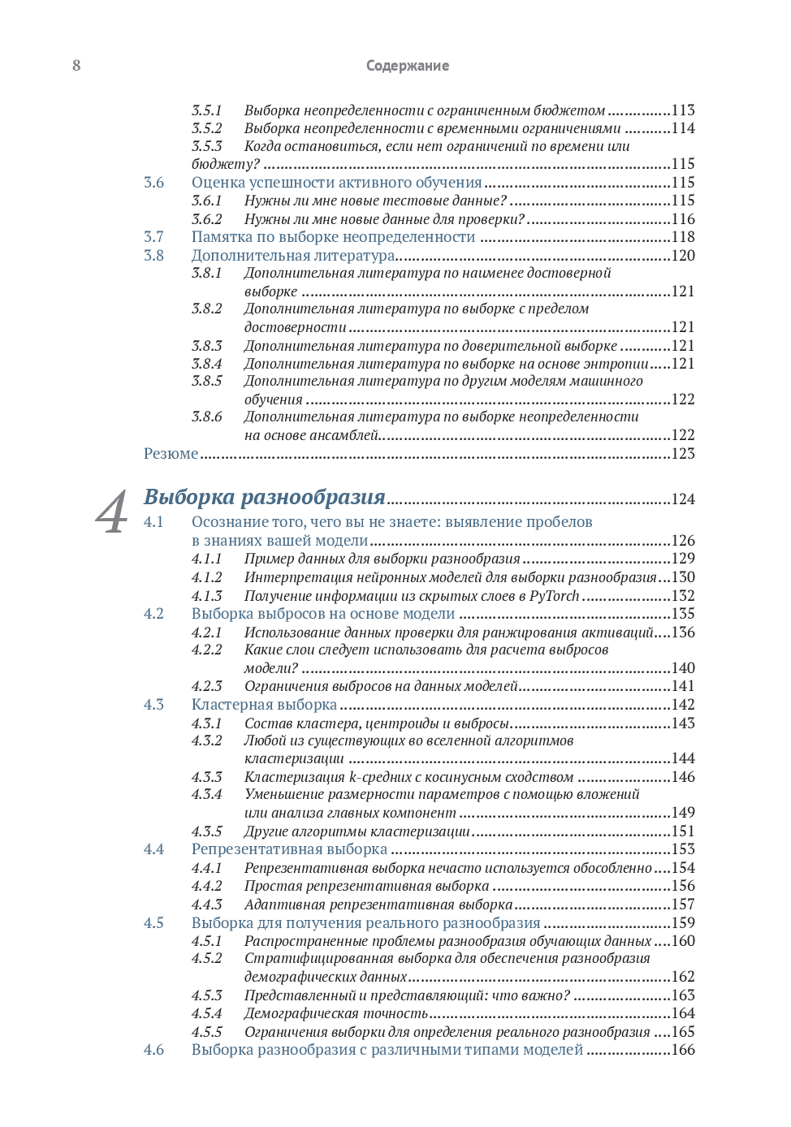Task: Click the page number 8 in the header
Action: tap(76, 66)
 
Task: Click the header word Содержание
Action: tap(407, 66)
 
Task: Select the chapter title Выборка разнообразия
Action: tap(264, 497)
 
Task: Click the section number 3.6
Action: tap(153, 183)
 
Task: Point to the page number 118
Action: tap(683, 237)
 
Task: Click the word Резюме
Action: tap(171, 454)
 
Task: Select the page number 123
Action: tap(683, 454)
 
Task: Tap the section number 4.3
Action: tap(153, 705)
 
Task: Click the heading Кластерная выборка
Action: tap(264, 705)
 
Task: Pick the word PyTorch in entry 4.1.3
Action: tap(554, 596)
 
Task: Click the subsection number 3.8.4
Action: tap(206, 364)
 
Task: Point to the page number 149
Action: tap(683, 813)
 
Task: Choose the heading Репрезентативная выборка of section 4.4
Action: tap(289, 849)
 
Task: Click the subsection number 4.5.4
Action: tap(206, 1013)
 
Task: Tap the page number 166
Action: tap(683, 1050)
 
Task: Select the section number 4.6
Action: tap(153, 1050)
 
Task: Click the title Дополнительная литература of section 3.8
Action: tap(293, 256)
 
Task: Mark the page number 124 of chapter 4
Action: tap(683, 499)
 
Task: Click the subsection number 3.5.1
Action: tap(206, 110)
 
